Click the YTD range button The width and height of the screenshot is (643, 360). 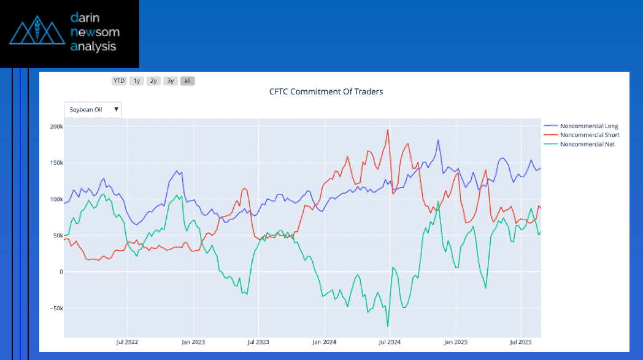[119, 80]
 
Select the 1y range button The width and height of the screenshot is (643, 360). [137, 80]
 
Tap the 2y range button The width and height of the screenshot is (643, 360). [154, 80]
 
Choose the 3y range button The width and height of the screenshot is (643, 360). [171, 80]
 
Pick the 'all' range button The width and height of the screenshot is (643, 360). [188, 80]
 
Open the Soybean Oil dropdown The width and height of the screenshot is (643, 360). [93, 110]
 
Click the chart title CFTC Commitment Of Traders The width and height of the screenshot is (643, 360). [326, 92]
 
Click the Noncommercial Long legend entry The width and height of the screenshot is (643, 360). [589, 126]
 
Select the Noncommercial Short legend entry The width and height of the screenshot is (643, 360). [590, 135]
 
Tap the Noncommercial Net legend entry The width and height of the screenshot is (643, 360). [587, 144]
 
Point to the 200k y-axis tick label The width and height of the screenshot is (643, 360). [56, 126]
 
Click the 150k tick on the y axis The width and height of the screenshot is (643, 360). [56, 163]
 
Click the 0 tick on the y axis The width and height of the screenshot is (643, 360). [60, 272]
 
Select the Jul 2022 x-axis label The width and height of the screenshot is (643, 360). [127, 342]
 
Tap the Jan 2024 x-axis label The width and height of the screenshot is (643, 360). [324, 342]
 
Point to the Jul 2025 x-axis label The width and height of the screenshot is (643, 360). [521, 342]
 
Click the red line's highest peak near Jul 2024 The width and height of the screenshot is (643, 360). [388, 130]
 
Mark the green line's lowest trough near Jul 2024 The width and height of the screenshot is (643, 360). [388, 326]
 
